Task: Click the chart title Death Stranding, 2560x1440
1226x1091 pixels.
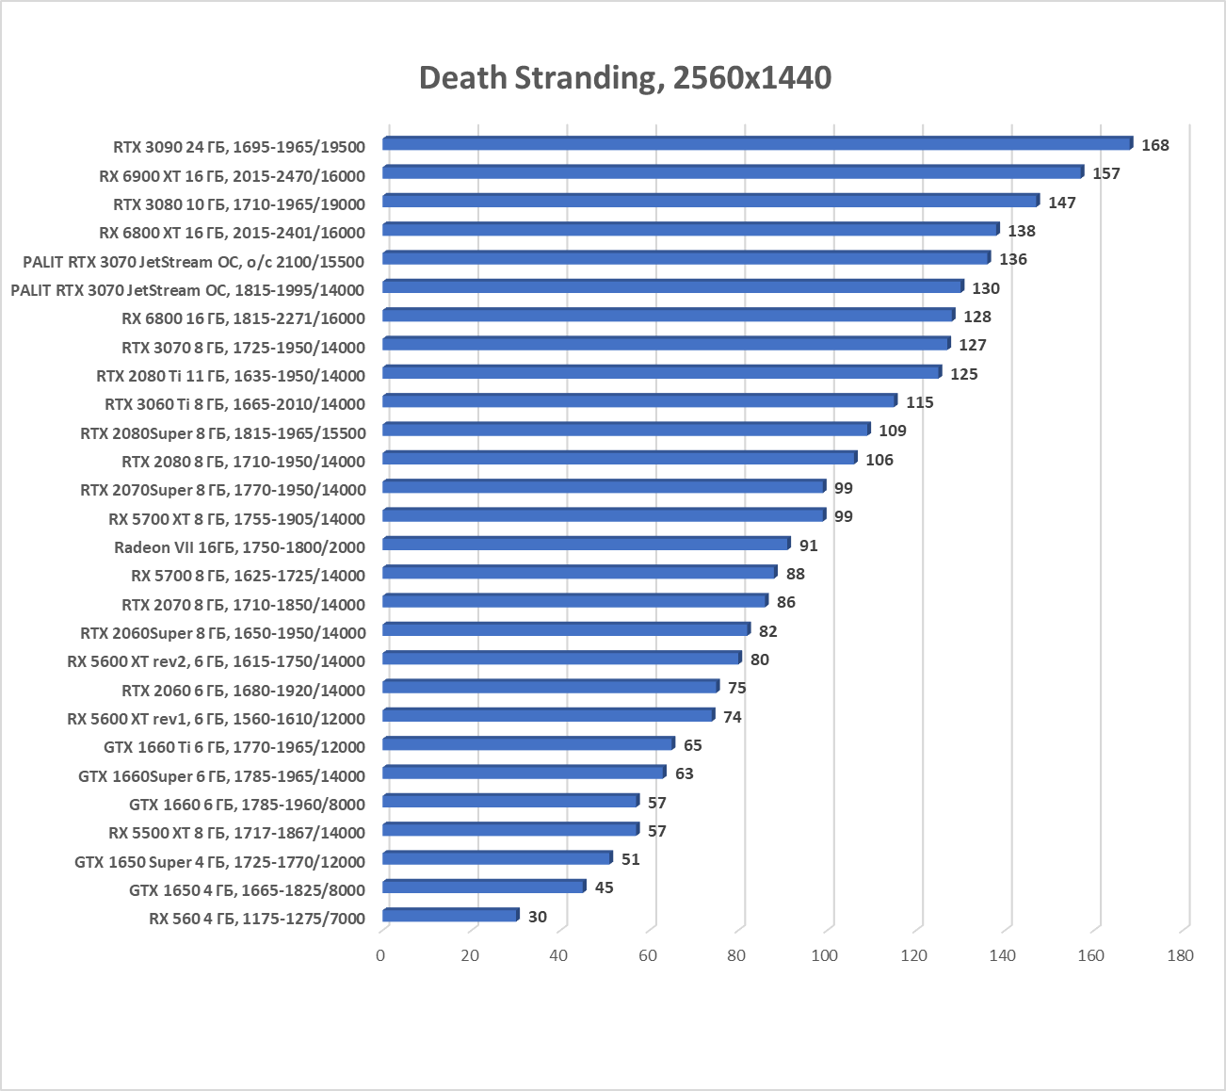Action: click(x=624, y=77)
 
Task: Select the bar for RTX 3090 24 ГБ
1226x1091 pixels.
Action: click(x=757, y=143)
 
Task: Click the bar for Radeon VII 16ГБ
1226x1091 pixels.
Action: click(x=586, y=544)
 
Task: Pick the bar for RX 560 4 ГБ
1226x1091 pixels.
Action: click(x=450, y=915)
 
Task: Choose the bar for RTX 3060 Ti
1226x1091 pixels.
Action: click(x=639, y=401)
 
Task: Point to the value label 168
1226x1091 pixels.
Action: click(x=1154, y=145)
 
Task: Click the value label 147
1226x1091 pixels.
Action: click(x=1061, y=203)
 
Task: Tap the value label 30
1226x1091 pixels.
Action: click(x=537, y=917)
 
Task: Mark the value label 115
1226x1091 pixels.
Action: click(x=919, y=402)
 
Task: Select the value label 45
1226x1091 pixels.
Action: click(x=604, y=887)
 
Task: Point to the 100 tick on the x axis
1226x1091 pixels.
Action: click(x=824, y=955)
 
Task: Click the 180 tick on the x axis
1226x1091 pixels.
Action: click(x=1180, y=955)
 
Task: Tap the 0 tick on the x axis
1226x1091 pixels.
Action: click(x=380, y=955)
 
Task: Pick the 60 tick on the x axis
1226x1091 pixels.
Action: click(x=648, y=955)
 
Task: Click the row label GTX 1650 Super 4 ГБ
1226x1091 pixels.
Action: click(x=219, y=862)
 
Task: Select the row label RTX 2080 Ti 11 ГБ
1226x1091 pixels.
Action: click(x=230, y=376)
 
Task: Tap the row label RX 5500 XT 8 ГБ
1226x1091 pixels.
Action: click(x=236, y=833)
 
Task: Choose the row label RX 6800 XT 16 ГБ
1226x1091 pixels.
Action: click(x=232, y=233)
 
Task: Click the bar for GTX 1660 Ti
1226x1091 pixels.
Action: click(x=528, y=743)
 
